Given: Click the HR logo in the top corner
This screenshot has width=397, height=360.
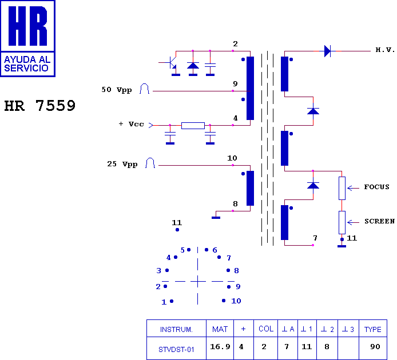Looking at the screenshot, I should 27,38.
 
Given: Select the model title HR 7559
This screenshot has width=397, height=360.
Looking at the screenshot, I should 40,106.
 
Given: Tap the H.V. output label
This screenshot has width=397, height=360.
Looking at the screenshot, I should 385,50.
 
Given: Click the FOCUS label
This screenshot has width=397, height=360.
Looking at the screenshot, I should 376,187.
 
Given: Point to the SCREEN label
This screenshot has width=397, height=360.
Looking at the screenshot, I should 379,221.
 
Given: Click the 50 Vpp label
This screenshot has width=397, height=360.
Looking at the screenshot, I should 116,90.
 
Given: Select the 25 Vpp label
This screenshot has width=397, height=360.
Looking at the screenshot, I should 122,164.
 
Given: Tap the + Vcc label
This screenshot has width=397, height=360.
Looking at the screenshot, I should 131,124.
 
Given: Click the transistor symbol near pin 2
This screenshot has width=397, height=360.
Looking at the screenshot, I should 172,65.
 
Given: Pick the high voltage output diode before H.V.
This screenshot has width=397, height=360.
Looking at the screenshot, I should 327,51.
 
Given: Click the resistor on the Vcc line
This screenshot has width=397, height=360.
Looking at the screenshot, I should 193,125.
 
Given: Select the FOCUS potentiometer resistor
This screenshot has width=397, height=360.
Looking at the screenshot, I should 342,188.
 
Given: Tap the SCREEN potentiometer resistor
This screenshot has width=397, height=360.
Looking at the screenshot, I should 342,222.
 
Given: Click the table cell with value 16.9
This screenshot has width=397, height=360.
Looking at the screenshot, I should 220,346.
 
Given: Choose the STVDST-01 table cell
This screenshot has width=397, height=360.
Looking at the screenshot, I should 176,347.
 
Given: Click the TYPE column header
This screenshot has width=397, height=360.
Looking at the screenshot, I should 372,329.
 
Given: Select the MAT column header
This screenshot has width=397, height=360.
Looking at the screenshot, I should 220,329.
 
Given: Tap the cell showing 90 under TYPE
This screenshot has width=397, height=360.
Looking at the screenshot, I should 375,346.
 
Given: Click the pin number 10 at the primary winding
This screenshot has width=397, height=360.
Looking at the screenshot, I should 232,158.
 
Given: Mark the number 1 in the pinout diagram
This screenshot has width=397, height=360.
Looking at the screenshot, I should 164,302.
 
